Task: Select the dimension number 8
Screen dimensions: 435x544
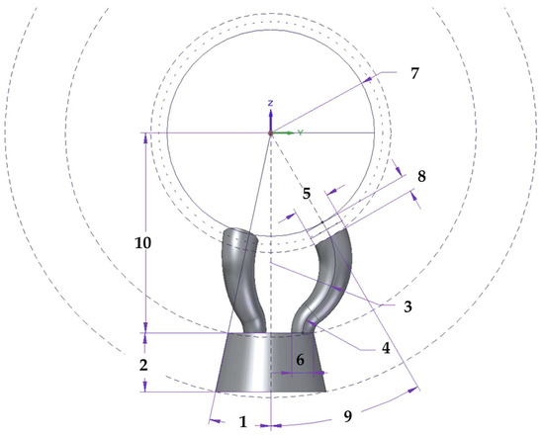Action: pyautogui.click(x=422, y=176)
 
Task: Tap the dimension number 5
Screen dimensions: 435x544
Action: pyautogui.click(x=307, y=194)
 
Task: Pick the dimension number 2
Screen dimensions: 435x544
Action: pyautogui.click(x=144, y=365)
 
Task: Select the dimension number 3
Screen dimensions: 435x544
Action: pyautogui.click(x=407, y=307)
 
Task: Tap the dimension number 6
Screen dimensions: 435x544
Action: pyautogui.click(x=300, y=362)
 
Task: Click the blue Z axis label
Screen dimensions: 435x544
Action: pyautogui.click(x=270, y=103)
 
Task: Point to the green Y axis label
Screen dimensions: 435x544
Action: pyautogui.click(x=300, y=131)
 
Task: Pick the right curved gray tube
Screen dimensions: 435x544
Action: pyautogui.click(x=329, y=282)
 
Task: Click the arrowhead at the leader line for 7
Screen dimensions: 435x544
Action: pyautogui.click(x=375, y=75)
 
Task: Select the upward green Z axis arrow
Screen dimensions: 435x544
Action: pyautogui.click(x=270, y=116)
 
